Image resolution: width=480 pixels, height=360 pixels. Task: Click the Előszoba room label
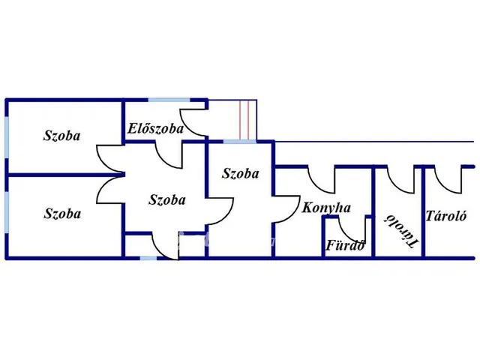[156, 129]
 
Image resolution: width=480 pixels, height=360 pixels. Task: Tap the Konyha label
[326, 208]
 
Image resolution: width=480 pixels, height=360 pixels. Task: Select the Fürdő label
[346, 244]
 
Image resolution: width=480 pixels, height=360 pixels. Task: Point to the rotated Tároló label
[400, 229]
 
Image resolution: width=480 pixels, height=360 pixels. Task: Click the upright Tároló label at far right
[447, 217]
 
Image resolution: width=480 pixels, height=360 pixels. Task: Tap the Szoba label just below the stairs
[241, 174]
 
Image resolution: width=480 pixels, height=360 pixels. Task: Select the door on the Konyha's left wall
[283, 208]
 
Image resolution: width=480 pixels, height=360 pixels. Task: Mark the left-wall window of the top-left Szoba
[7, 136]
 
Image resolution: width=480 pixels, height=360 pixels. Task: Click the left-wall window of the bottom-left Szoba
[7, 214]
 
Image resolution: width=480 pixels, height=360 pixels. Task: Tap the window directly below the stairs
[240, 141]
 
